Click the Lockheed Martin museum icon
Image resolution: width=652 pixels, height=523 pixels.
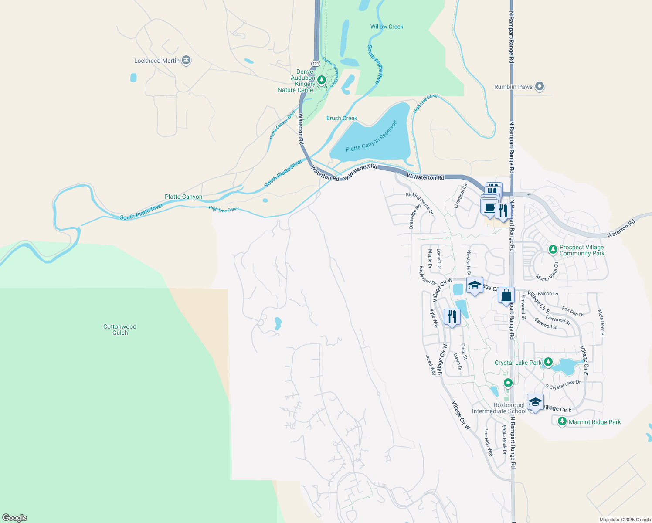pos(186,60)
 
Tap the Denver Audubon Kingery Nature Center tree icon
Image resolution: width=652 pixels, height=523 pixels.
pos(322,80)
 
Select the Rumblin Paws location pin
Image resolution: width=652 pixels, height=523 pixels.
pos(540,86)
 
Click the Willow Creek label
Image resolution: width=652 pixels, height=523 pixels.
pos(387,27)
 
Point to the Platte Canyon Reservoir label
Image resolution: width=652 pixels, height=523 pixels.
pos(371,136)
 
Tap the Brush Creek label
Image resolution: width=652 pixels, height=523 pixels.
pos(342,118)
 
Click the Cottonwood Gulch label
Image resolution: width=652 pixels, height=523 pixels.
pos(120,329)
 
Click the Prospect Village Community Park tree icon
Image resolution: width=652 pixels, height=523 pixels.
pos(553,250)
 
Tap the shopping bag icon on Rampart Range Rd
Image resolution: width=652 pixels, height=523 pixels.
pos(506,295)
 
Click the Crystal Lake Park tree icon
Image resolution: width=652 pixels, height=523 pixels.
pos(548,362)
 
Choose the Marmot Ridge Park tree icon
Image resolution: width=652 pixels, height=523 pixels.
pos(562,421)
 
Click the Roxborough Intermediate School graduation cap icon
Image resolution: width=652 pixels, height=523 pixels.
pos(535,402)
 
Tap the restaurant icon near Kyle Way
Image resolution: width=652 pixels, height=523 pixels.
pos(452,316)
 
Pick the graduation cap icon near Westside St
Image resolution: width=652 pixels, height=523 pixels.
pos(474,285)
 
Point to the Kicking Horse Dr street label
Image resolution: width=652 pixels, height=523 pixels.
pos(419,203)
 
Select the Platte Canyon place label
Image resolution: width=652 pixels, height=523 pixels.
pos(183,197)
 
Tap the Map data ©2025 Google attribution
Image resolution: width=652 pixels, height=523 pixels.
pos(625,520)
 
